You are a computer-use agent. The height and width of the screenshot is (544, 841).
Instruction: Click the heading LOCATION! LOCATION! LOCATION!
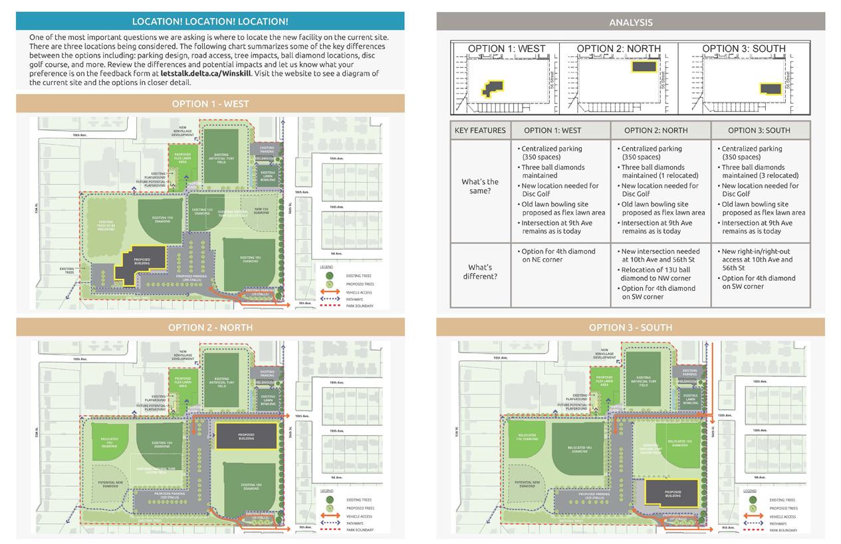tap(210, 21)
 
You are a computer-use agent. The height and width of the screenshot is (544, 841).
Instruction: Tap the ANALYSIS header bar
tap(630, 22)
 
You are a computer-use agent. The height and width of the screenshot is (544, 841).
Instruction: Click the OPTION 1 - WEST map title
tap(210, 104)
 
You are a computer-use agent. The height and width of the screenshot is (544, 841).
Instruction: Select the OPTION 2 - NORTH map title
tap(210, 327)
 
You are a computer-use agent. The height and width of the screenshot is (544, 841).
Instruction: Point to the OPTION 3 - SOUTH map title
tap(630, 327)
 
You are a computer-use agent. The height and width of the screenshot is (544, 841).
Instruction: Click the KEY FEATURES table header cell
tap(480, 130)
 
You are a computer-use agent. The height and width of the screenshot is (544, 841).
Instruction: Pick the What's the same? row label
tap(480, 186)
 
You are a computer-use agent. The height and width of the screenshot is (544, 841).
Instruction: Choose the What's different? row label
tap(480, 272)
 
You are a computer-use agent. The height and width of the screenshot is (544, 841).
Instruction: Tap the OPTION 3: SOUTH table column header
tap(759, 130)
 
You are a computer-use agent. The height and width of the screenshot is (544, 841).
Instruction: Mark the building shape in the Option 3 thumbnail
tap(770, 88)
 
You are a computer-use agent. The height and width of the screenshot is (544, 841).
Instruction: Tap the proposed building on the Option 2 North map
tap(246, 436)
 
